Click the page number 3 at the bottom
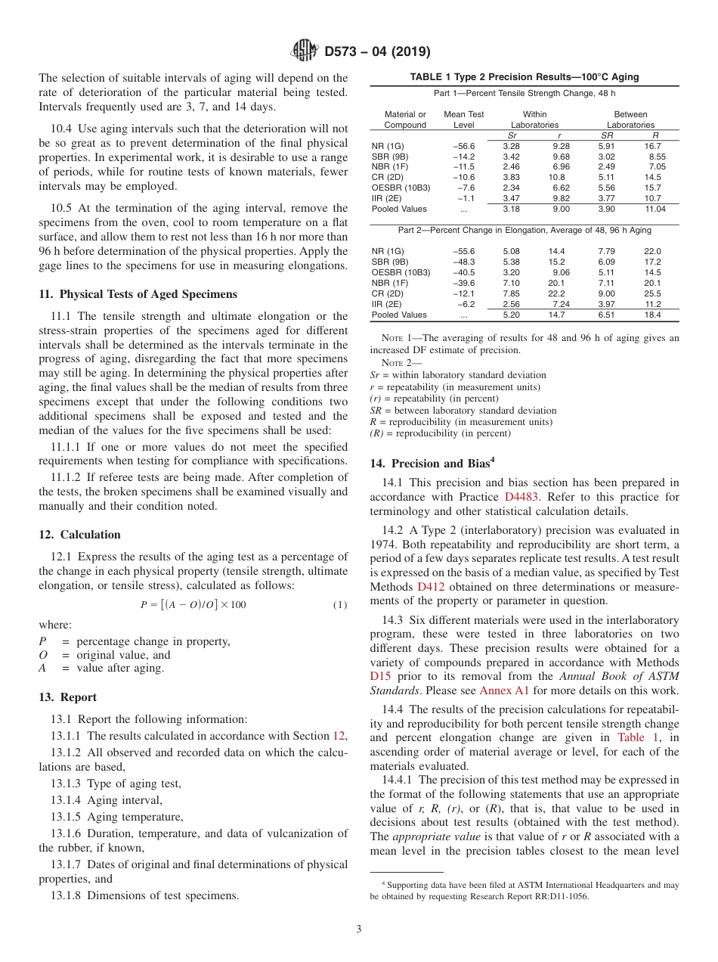click(359, 928)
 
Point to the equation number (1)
click(339, 604)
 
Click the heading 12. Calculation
click(79, 535)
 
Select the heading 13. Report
click(67, 697)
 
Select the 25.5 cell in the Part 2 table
click(651, 293)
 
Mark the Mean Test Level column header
click(463, 119)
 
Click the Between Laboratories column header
click(630, 119)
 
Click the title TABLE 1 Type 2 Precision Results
click(524, 77)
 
